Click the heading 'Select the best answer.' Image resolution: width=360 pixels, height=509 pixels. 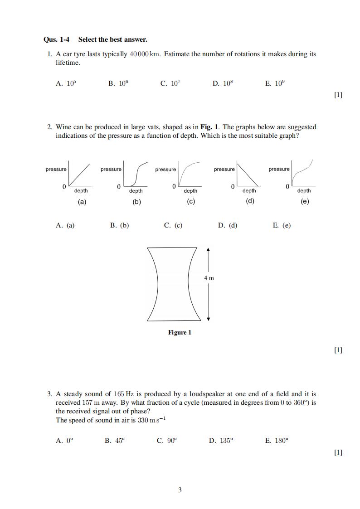[112, 40]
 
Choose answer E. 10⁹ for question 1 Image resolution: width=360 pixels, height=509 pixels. [275, 83]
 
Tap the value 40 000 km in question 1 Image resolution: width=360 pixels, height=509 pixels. [145, 54]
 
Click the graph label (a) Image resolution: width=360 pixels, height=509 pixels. [82, 202]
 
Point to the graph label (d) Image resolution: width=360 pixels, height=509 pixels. [249, 202]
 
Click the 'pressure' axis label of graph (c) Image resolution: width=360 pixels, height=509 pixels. [165, 170]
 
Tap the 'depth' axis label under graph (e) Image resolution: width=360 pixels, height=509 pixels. [304, 191]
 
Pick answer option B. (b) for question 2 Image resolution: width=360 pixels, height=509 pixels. [119, 225]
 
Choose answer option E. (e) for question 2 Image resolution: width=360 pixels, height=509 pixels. [282, 225]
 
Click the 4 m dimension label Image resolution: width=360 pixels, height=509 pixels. [209, 278]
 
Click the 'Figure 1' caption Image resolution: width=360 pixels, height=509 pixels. [180, 333]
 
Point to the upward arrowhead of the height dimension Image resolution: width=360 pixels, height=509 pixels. [208, 249]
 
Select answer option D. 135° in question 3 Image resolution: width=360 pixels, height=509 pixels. [221, 441]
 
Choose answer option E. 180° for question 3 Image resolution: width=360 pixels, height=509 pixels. [277, 441]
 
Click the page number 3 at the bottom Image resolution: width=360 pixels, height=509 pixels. [180, 490]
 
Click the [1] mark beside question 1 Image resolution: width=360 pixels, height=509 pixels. [338, 95]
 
